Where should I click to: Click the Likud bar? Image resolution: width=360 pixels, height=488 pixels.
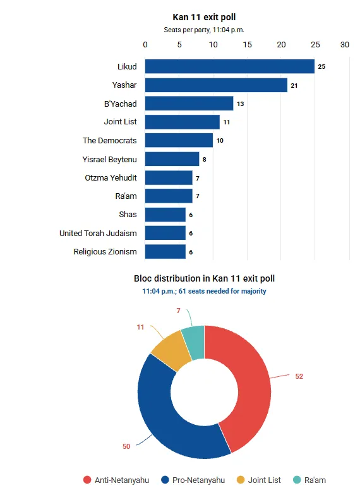coord(230,66)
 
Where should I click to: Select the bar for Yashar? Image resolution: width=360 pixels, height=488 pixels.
coord(216,85)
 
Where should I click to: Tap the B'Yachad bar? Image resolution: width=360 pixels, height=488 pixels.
coord(189,104)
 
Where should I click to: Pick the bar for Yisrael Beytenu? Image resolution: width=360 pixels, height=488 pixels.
coord(172,159)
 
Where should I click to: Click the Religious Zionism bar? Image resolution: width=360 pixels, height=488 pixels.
coord(165,251)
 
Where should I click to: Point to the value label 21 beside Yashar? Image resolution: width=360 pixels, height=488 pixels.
coord(294,86)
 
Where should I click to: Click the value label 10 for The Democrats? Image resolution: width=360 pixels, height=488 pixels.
coord(220,141)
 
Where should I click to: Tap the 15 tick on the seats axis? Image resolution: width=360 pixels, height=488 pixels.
coord(248,45)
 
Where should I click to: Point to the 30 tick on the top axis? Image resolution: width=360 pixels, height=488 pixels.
coord(345,45)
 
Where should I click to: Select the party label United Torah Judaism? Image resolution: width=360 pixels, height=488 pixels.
coord(98,234)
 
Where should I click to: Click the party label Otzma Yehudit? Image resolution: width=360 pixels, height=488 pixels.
coord(111,177)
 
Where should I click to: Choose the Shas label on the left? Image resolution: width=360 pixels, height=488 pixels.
coord(128,215)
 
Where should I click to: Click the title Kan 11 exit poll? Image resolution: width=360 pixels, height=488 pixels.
coord(204,17)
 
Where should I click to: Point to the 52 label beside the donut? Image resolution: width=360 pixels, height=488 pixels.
coord(299,376)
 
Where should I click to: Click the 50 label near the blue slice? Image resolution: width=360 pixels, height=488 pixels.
coord(126,446)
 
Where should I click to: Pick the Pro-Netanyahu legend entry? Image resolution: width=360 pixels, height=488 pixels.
coord(193,480)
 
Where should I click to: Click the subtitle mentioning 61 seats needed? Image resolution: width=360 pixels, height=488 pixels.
coord(204,291)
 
